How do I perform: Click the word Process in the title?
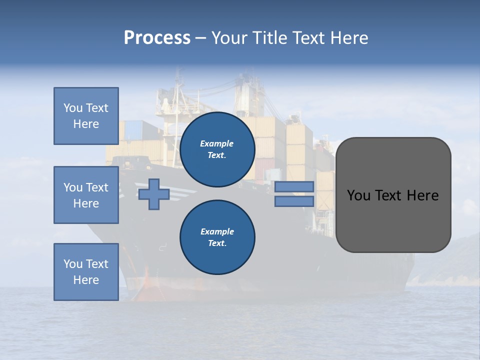pyautogui.click(x=157, y=38)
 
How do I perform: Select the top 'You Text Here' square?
pyautogui.click(x=86, y=116)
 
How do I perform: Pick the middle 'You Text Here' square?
pyautogui.click(x=86, y=195)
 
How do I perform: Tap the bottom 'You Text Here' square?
pyautogui.click(x=86, y=272)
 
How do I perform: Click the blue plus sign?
pyautogui.click(x=154, y=194)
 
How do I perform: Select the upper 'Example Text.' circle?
pyautogui.click(x=217, y=149)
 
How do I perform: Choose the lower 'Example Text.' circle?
pyautogui.click(x=217, y=237)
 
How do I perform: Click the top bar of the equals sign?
pyautogui.click(x=294, y=187)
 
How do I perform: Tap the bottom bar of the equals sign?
pyautogui.click(x=294, y=201)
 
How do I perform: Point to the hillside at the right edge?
pyautogui.click(x=462, y=255)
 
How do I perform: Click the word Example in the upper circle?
pyautogui.click(x=217, y=143)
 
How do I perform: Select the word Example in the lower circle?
pyautogui.click(x=217, y=231)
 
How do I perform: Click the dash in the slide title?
pyautogui.click(x=200, y=38)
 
